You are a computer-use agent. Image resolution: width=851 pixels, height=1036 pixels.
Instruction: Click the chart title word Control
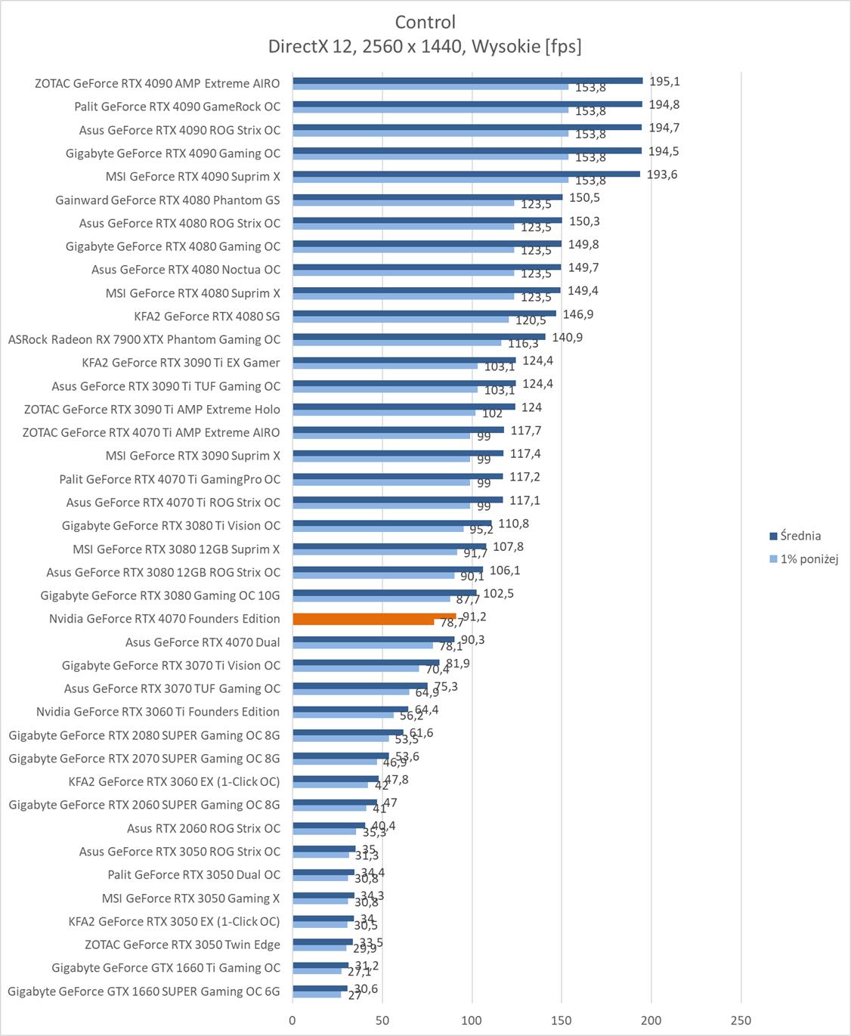pyautogui.click(x=425, y=22)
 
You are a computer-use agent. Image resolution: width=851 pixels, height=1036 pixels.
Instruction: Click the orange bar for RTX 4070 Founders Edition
pyautogui.click(x=374, y=619)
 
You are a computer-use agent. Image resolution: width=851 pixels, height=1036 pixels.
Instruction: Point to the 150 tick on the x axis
pyautogui.click(x=562, y=1020)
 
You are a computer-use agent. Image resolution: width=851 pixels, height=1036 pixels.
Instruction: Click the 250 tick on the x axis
pyautogui.click(x=741, y=1020)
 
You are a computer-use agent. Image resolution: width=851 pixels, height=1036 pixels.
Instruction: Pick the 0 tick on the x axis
pyautogui.click(x=293, y=1020)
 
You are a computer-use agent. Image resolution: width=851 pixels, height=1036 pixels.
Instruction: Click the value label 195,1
pyautogui.click(x=664, y=82)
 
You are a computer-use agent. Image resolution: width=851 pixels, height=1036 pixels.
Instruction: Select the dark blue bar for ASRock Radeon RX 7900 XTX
pyautogui.click(x=419, y=337)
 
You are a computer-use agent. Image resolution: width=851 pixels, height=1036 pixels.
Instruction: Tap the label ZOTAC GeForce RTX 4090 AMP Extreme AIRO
pyautogui.click(x=157, y=83)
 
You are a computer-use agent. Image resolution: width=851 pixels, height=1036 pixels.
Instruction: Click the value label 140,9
pyautogui.click(x=567, y=338)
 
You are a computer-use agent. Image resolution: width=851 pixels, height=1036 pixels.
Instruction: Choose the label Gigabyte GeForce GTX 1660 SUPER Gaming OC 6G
pyautogui.click(x=144, y=991)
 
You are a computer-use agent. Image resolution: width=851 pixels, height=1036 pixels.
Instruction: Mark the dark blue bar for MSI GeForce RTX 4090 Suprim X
pyautogui.click(x=466, y=174)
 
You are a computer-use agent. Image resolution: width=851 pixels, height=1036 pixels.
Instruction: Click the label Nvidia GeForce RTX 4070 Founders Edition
pyautogui.click(x=164, y=618)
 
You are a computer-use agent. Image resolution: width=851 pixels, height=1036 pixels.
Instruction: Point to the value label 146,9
pyautogui.click(x=578, y=314)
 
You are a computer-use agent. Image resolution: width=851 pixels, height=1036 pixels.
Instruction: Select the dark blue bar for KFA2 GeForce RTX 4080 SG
pyautogui.click(x=424, y=314)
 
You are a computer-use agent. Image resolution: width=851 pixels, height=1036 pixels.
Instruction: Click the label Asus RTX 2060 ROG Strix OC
pyautogui.click(x=203, y=828)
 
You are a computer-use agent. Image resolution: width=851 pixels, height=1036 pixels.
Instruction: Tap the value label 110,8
pyautogui.click(x=513, y=524)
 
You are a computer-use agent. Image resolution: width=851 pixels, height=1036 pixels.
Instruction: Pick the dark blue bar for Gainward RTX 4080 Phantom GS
pyautogui.click(x=428, y=197)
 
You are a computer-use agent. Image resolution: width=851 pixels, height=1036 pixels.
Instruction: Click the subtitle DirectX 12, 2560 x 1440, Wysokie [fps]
pyautogui.click(x=425, y=47)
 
